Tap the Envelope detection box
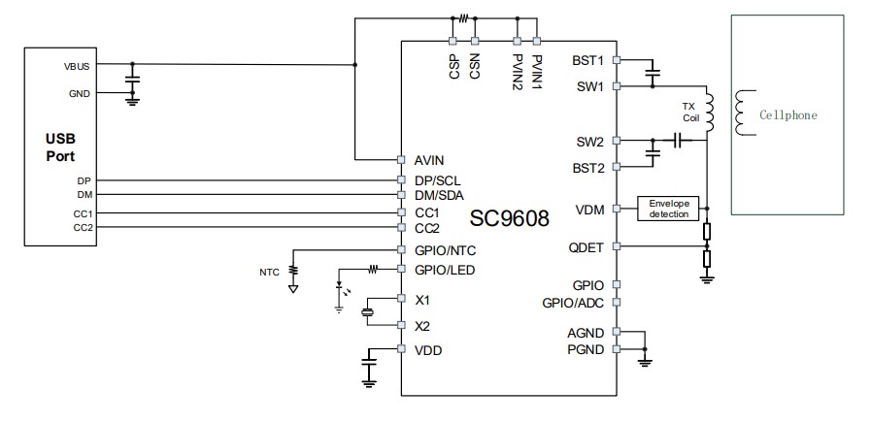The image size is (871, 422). pyautogui.click(x=669, y=208)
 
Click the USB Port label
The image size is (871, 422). pyautogui.click(x=59, y=147)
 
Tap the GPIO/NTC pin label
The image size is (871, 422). pyautogui.click(x=445, y=249)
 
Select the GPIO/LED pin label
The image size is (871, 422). pyautogui.click(x=445, y=270)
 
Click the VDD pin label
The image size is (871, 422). pyautogui.click(x=428, y=350)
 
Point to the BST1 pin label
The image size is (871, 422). pyautogui.click(x=589, y=60)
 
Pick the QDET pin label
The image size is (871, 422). pyautogui.click(x=586, y=247)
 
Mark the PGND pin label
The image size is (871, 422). pyautogui.click(x=586, y=349)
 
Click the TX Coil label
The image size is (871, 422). pyautogui.click(x=691, y=112)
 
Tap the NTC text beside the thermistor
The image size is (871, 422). pyautogui.click(x=269, y=272)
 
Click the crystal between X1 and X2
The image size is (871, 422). pyautogui.click(x=368, y=312)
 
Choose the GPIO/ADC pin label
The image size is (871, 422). pyautogui.click(x=573, y=303)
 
